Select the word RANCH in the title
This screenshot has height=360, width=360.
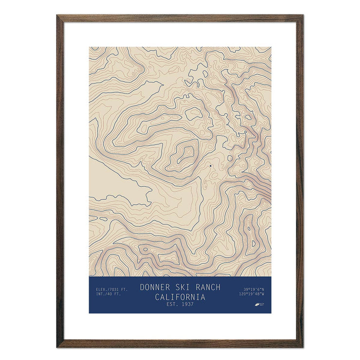[x=206, y=287]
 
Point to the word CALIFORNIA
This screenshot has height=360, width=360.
[x=180, y=297]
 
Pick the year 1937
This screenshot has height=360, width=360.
[x=186, y=305]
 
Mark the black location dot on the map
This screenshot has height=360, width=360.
[x=210, y=166]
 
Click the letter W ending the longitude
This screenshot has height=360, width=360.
[x=263, y=294]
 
